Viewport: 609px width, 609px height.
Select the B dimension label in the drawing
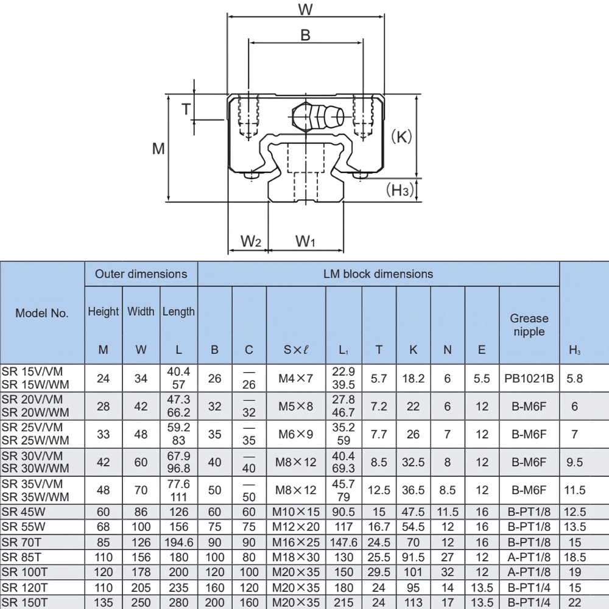[x=306, y=35]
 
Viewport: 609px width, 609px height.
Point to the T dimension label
[x=186, y=109]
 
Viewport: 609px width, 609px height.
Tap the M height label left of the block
[x=158, y=148]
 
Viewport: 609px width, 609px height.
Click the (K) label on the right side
[x=401, y=136]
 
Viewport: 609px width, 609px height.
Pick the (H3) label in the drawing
[x=400, y=190]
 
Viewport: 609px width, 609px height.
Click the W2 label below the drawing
[x=250, y=241]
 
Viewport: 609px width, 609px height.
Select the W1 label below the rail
[x=305, y=241]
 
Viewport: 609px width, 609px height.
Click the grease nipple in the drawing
[x=317, y=116]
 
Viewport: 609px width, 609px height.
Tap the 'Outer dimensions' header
[x=141, y=274]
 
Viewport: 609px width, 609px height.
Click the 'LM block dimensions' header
[x=378, y=274]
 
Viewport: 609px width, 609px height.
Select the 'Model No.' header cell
[x=42, y=313]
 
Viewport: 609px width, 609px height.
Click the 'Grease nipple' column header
[x=529, y=325]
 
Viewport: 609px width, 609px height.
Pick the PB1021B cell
[x=529, y=378]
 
